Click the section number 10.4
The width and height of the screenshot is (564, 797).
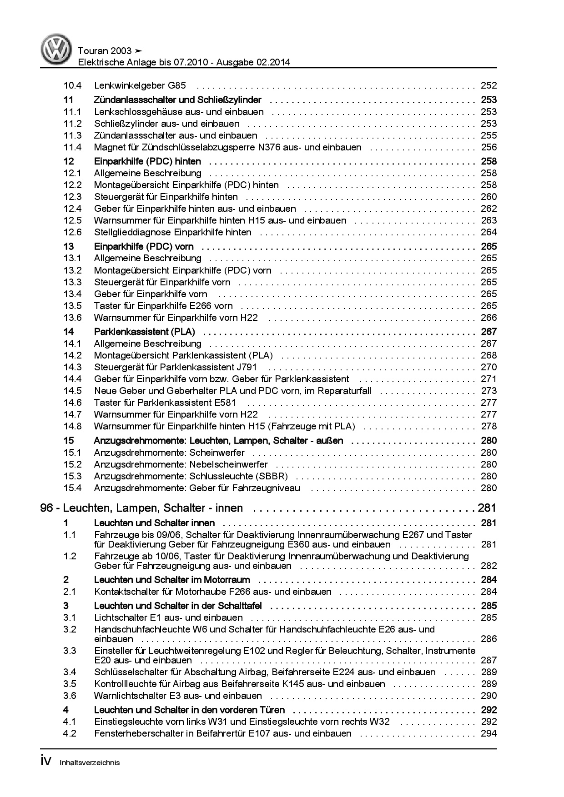[72, 85]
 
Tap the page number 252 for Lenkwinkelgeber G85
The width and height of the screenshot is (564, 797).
[488, 85]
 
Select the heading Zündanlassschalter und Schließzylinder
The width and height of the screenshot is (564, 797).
[177, 100]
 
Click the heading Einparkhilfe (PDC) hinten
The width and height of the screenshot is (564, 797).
[147, 161]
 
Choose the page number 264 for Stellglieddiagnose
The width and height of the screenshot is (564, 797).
[488, 232]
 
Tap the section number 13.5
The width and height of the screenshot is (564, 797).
[72, 306]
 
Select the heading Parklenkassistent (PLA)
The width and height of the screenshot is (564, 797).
[144, 332]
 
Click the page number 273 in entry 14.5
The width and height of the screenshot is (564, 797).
[488, 391]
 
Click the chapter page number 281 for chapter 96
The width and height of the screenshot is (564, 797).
[487, 508]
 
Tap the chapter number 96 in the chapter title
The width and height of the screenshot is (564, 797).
[46, 508]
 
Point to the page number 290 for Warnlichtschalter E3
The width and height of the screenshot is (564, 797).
[488, 696]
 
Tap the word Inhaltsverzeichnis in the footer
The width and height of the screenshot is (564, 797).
[90, 763]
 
